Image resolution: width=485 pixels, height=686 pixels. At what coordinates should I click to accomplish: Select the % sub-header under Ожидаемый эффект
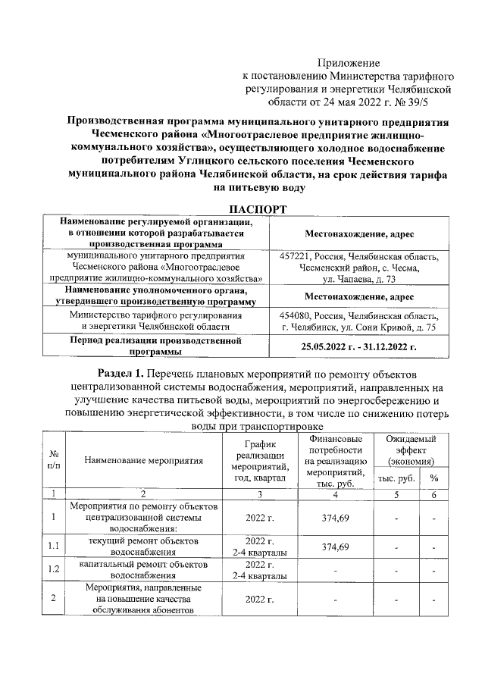point(434,478)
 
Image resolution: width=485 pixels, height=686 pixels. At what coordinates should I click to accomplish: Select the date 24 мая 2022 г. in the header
point(343,99)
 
